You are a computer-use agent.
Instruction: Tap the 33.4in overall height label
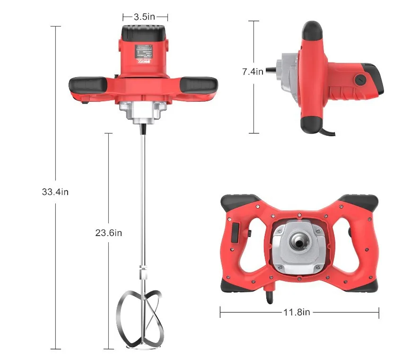coord(55,192)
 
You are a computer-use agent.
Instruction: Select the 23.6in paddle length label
coord(109,233)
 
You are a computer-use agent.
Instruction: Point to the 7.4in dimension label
coord(253,71)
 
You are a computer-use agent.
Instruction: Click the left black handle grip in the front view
coord(88,85)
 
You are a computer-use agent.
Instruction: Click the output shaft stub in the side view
coord(271,72)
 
